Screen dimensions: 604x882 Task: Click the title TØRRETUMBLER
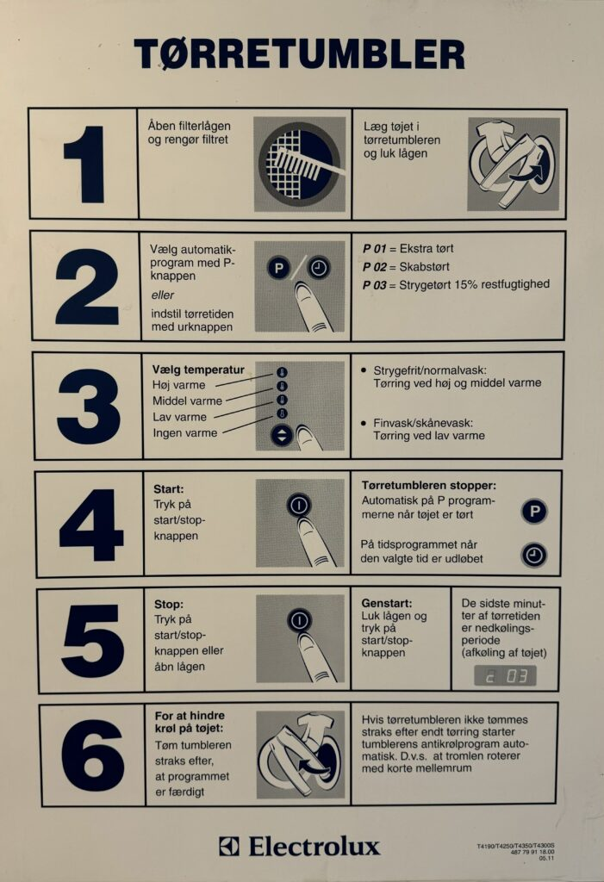(x=300, y=54)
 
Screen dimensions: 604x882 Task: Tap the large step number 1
(x=85, y=165)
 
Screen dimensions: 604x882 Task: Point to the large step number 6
(x=92, y=755)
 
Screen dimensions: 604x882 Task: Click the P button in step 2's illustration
(x=278, y=268)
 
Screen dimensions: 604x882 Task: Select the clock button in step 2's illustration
(x=319, y=268)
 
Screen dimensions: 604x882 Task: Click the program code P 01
(x=374, y=249)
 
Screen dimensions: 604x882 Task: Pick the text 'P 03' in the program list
(x=374, y=285)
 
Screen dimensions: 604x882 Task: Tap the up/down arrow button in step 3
(x=282, y=435)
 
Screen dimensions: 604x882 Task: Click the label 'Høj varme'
(x=178, y=385)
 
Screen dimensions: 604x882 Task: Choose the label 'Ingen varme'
(x=184, y=433)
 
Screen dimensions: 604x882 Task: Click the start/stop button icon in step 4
(x=299, y=505)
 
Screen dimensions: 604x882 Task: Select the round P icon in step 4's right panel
(x=534, y=512)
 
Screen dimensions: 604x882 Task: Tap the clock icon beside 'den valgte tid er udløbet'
(x=533, y=556)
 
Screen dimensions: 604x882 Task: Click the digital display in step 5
(x=506, y=675)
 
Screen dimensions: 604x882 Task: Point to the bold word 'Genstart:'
(x=387, y=604)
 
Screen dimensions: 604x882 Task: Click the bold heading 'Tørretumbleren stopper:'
(x=429, y=485)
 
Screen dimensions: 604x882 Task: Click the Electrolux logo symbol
(x=229, y=846)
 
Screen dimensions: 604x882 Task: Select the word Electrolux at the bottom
(x=314, y=846)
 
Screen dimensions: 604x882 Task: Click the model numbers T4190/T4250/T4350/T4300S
(x=515, y=846)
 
